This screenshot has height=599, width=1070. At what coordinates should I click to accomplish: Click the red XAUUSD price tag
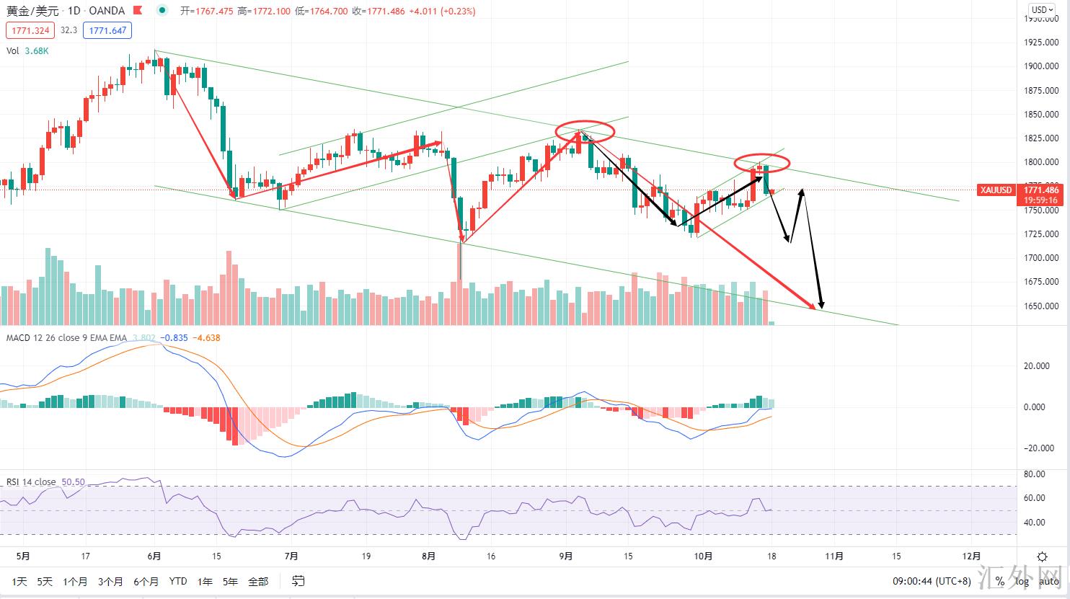pyautogui.click(x=996, y=190)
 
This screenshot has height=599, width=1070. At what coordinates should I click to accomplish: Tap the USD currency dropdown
pyautogui.click(x=1041, y=10)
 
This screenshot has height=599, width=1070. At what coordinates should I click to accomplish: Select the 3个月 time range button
pyautogui.click(x=110, y=581)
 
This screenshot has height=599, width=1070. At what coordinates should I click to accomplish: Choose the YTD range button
pyautogui.click(x=177, y=581)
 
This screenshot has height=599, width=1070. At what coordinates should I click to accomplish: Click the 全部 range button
pyautogui.click(x=257, y=581)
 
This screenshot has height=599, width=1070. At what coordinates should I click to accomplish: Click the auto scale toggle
pyautogui.click(x=1049, y=581)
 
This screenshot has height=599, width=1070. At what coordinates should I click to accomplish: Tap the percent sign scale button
pyautogui.click(x=1000, y=581)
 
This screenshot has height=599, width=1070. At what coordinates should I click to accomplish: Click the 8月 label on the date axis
pyautogui.click(x=428, y=556)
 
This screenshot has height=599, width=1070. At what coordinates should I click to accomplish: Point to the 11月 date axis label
pyautogui.click(x=834, y=556)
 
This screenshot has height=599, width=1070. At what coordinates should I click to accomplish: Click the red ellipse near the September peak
pyautogui.click(x=585, y=130)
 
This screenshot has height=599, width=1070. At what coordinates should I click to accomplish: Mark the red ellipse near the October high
pyautogui.click(x=762, y=163)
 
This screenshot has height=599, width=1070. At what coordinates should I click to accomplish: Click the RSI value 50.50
pyautogui.click(x=73, y=482)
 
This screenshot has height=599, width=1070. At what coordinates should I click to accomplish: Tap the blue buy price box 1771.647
pyautogui.click(x=106, y=30)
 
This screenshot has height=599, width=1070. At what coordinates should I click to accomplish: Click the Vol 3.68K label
pyautogui.click(x=27, y=50)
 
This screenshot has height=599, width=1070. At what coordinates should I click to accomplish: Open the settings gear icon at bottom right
pyautogui.click(x=1042, y=556)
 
